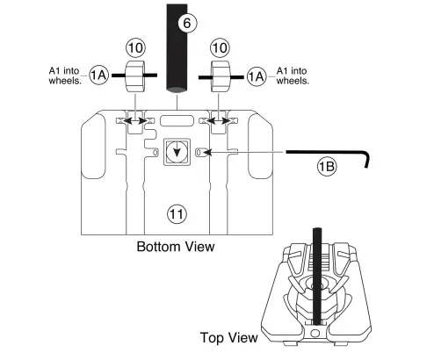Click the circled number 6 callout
coord(185,23)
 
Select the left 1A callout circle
coord(98,77)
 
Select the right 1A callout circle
coord(257,77)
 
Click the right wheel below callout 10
coord(221,76)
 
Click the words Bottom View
coord(175,247)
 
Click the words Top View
coord(228,337)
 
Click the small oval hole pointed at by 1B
coord(200,152)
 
